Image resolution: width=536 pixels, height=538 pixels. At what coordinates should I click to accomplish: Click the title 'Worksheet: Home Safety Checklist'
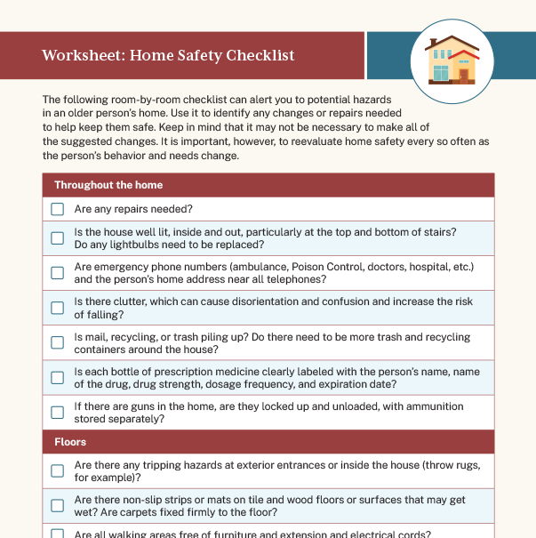[x=168, y=56]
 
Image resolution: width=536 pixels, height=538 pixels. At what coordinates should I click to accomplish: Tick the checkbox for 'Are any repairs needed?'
[x=58, y=210]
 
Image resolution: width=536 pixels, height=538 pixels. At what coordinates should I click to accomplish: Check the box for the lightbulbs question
[x=58, y=238]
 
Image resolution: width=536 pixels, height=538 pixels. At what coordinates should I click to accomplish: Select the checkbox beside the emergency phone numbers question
[x=58, y=273]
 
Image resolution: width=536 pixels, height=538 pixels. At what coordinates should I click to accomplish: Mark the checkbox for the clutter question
[x=58, y=308]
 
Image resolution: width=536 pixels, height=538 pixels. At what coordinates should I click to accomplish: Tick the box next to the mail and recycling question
[x=58, y=342]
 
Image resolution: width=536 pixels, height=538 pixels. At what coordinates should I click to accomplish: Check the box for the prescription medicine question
[x=58, y=377]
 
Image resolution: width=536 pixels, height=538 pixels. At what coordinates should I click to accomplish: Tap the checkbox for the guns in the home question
[x=58, y=412]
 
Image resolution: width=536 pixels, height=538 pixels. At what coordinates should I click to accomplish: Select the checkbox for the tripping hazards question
[x=58, y=470]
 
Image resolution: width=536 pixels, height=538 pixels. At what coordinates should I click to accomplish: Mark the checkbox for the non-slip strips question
[x=58, y=505]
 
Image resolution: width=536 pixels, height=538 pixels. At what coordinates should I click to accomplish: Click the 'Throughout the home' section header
[x=108, y=185]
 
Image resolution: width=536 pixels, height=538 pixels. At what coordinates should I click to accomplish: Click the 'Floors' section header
[x=70, y=441]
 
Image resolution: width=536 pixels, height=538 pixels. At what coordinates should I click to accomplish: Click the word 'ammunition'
[x=431, y=406]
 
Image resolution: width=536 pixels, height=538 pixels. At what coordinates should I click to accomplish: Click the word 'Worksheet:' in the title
[x=82, y=56]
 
